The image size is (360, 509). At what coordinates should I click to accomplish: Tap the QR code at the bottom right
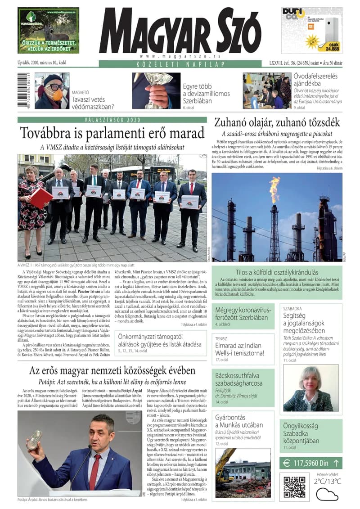(295, 486)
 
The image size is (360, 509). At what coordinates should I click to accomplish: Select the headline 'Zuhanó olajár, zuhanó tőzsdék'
(277, 122)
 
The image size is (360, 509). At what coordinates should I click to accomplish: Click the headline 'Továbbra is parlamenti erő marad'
(112, 134)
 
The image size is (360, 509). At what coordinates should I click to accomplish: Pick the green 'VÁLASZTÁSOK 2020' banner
(112, 120)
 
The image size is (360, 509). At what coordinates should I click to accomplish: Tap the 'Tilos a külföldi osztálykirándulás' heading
(277, 272)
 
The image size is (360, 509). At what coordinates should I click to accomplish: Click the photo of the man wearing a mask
(52, 90)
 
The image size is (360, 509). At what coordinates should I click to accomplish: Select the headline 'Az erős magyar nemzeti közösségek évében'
(112, 370)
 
